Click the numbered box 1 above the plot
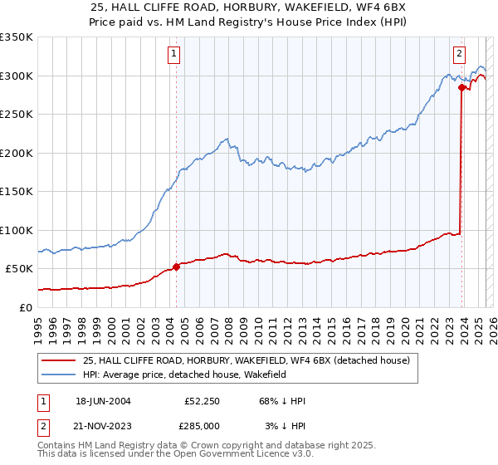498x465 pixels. (174, 55)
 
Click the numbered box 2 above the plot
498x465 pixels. (459, 55)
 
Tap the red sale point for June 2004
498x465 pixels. (176, 267)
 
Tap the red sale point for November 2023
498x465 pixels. (461, 87)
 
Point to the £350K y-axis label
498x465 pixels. (17, 37)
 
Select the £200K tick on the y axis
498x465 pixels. (17, 153)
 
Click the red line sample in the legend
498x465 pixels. (59, 361)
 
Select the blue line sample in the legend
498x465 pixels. (59, 375)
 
